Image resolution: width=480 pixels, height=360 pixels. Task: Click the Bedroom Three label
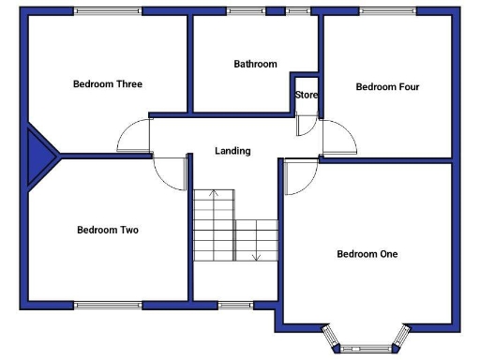[x=108, y=84]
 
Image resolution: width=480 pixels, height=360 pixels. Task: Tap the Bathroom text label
[x=255, y=65]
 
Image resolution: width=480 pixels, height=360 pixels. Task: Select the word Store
[x=307, y=96]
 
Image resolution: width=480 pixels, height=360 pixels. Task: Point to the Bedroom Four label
[x=387, y=87]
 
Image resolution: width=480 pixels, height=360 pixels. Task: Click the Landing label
[x=232, y=151]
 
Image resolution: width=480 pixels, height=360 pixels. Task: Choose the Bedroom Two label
[x=108, y=230]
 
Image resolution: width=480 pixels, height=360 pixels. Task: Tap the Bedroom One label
[x=367, y=254]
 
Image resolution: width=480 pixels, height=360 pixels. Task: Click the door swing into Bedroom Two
[x=172, y=172]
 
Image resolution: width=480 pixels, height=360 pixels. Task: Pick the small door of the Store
[x=306, y=126]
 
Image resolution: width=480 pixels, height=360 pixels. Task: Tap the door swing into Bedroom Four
[x=338, y=138]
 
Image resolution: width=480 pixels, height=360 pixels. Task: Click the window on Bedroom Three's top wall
[x=102, y=11]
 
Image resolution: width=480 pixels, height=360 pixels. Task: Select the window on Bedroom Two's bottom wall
[x=108, y=304]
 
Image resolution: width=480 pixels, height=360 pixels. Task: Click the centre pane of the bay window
[x=365, y=346]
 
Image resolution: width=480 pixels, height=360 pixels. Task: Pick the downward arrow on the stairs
[x=256, y=254]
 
